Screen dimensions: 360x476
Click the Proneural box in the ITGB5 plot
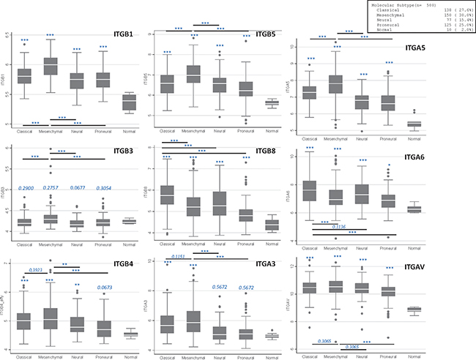click(x=246, y=89)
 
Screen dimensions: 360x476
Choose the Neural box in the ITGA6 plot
click(x=362, y=193)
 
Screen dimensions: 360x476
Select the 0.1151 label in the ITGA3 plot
click(x=179, y=257)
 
